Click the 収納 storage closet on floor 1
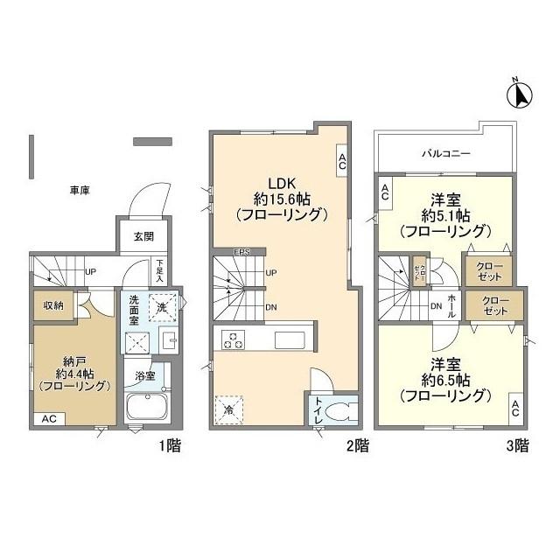coord(52,305)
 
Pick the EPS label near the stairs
coord(242,253)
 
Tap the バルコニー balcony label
coord(447,152)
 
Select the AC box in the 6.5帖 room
coord(515,408)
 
